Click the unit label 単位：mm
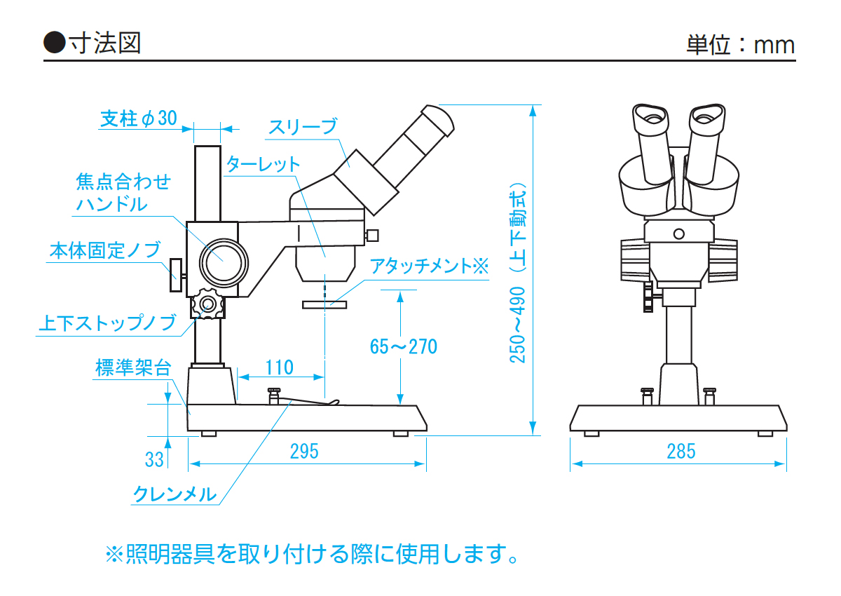click(x=740, y=45)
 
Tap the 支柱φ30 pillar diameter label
click(x=139, y=118)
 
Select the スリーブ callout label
click(x=303, y=127)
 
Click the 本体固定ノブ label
click(x=105, y=250)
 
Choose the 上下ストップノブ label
click(x=107, y=324)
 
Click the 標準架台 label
click(x=133, y=367)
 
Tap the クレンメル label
click(x=175, y=494)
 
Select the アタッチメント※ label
click(x=428, y=266)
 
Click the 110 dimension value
click(x=280, y=367)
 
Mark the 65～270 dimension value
click(x=404, y=346)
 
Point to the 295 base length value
click(x=304, y=451)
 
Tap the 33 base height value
click(x=154, y=459)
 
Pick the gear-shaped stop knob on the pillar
click(x=207, y=304)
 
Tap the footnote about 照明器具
click(x=313, y=555)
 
